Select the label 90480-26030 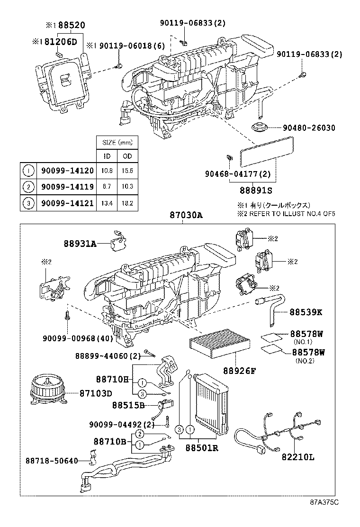(309, 128)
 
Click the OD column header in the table (127, 156)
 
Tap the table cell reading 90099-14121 (66, 203)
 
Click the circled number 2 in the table (28, 187)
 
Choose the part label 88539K (306, 313)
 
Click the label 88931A (80, 244)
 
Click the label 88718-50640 (52, 460)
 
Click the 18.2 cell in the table (127, 203)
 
